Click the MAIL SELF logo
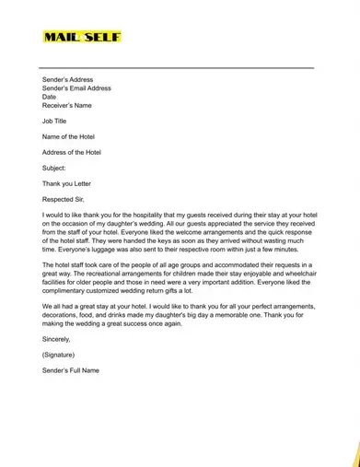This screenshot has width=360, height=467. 81,37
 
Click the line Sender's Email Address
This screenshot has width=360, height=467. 76,88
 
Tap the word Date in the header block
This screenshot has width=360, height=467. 49,97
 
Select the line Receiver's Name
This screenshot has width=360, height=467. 67,105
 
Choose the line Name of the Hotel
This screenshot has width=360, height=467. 70,136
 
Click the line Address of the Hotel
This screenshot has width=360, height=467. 72,152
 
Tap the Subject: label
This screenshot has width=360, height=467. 54,168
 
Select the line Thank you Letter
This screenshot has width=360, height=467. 67,183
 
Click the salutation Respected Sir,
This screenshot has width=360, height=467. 64,199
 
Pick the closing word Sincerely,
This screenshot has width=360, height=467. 56,339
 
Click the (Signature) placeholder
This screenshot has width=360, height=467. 58,355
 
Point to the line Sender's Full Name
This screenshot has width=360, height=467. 70,370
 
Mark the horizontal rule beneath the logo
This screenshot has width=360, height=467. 176,67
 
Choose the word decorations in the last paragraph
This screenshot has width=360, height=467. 61,315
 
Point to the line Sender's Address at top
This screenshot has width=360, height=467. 67,80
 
